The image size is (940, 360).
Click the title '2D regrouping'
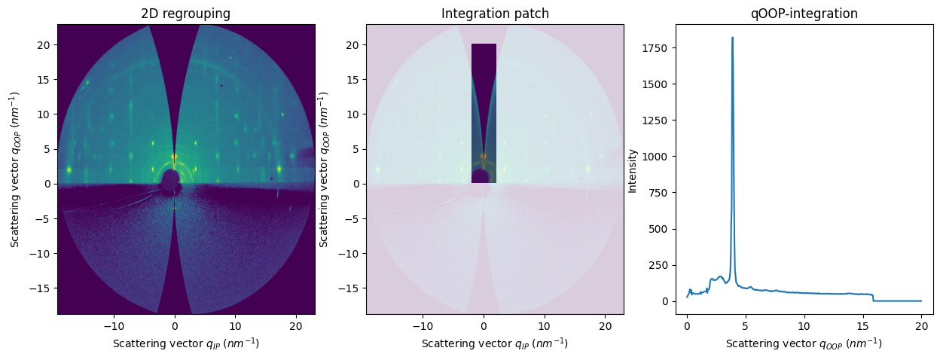click(x=186, y=14)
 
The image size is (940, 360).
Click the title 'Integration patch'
click(x=495, y=14)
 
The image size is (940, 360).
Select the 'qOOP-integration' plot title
click(x=804, y=14)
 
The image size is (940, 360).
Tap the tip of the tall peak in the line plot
click(x=732, y=38)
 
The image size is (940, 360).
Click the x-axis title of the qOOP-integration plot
click(x=804, y=343)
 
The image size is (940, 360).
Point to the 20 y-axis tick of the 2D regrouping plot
click(x=44, y=44)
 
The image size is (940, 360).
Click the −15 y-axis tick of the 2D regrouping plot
click(x=41, y=288)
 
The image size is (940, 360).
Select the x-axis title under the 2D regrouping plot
click(x=186, y=343)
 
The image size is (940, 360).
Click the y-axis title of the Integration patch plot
click(x=323, y=170)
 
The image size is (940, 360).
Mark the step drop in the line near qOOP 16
click(x=873, y=297)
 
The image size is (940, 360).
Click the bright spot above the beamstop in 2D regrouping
click(x=174, y=157)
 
